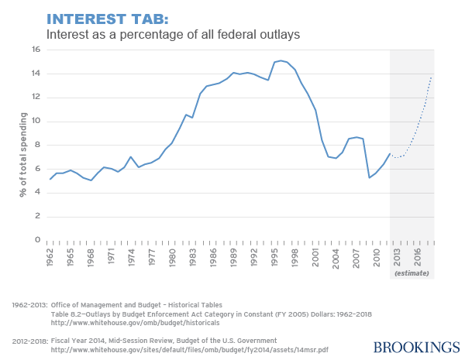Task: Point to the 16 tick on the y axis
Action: point(35,49)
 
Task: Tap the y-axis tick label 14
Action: point(35,74)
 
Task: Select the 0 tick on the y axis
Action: point(36,240)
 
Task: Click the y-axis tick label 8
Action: point(36,145)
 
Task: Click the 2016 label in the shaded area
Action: point(418,256)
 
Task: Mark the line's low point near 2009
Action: point(369,177)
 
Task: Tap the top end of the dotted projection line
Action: point(432,75)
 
